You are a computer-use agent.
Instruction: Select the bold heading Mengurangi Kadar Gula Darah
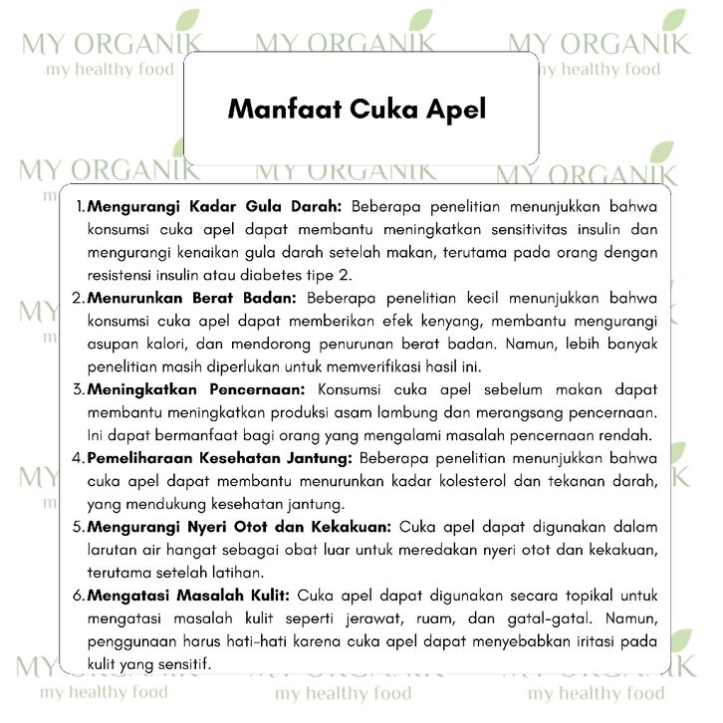pos(215,207)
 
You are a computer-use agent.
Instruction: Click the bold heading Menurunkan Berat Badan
pos(191,298)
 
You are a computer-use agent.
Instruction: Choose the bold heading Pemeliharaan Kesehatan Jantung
pos(219,458)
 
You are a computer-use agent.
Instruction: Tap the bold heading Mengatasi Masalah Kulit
pos(189,597)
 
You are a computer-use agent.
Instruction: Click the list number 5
pos(78,527)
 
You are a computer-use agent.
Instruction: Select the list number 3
pos(78,389)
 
